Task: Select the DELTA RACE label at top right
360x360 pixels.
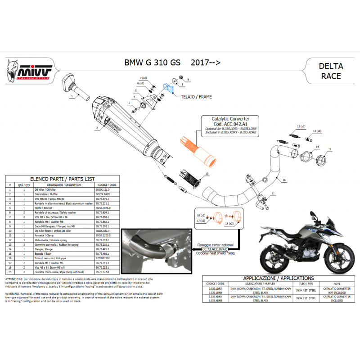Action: pos(331,71)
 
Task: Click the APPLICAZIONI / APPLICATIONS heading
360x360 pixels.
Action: pos(279,278)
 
